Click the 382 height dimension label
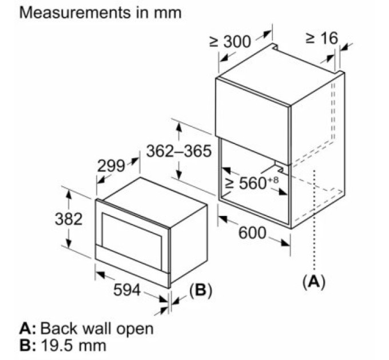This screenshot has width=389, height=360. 69,219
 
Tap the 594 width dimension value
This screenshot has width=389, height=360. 127,290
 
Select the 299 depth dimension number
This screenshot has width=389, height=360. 110,166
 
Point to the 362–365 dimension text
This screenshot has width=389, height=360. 179,151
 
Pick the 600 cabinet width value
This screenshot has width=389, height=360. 252,233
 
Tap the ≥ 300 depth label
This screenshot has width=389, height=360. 230,42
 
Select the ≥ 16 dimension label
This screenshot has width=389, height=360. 321,38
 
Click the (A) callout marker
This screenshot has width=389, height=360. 314,282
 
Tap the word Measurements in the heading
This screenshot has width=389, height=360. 74,12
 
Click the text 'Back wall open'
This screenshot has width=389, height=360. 97,329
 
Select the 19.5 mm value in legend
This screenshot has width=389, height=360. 73,345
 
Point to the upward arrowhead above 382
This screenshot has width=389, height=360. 69,194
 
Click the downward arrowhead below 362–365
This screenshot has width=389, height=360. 179,174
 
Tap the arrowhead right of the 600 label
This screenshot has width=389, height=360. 285,242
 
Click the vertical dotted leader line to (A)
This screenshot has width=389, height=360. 314,220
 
